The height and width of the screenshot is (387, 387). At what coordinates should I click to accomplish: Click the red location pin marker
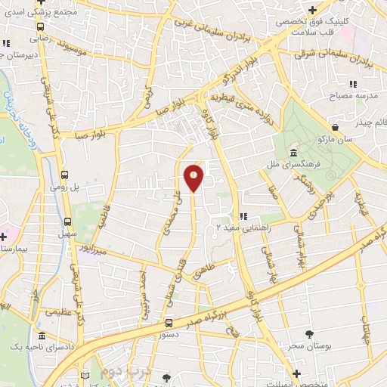coord(194,178)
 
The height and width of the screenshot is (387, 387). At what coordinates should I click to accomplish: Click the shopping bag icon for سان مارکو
coord(336,127)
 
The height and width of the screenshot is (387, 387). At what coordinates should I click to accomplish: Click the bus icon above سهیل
coord(69,222)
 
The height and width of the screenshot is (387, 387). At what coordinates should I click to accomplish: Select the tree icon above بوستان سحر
coord(309,333)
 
